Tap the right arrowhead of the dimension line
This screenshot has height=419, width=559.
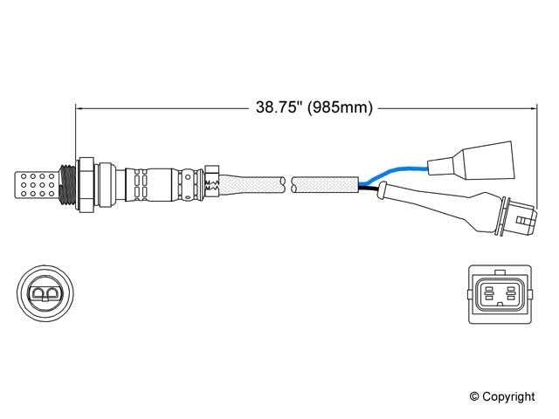[530, 108]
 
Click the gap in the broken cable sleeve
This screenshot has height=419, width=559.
[289, 183]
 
